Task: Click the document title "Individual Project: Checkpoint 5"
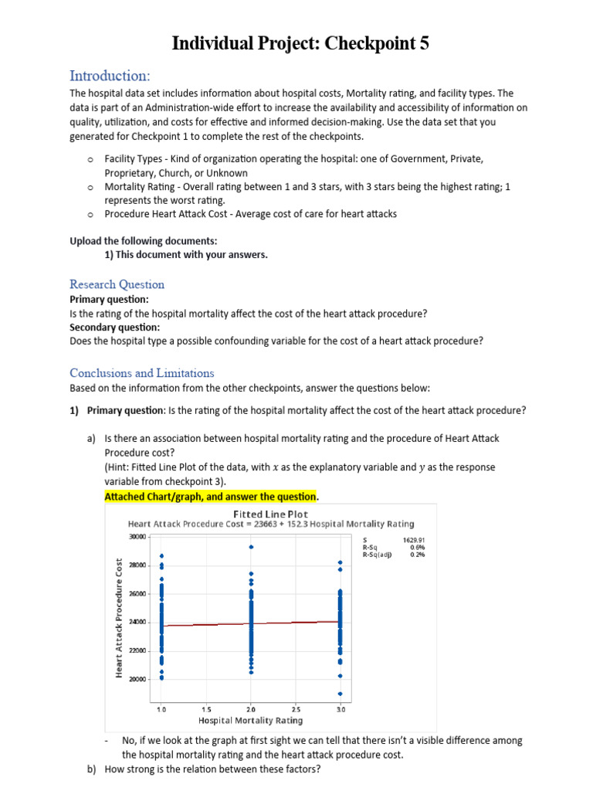click(x=300, y=44)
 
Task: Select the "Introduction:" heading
click(x=110, y=76)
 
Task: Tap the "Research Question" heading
click(x=117, y=284)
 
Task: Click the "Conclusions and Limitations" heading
click(x=142, y=372)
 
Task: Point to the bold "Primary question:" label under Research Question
click(x=109, y=299)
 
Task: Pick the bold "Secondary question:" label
click(x=115, y=327)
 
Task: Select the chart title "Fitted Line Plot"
click(x=270, y=514)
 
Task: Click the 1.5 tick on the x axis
click(x=207, y=708)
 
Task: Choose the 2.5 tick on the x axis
click(x=296, y=708)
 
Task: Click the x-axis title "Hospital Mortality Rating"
click(x=250, y=721)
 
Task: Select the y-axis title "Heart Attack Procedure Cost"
click(x=120, y=618)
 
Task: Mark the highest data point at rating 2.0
click(x=251, y=547)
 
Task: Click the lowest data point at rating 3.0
click(x=341, y=693)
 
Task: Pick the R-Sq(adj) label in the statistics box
click(x=377, y=554)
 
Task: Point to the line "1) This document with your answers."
click(x=185, y=255)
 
